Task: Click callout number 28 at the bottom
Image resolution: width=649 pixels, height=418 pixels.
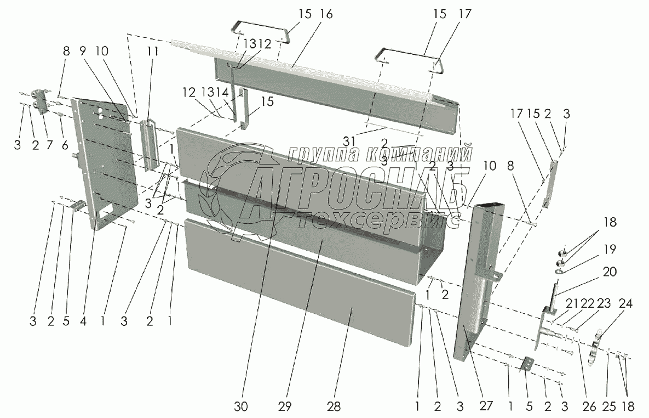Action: point(333,406)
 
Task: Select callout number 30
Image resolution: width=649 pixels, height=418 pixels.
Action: point(241,406)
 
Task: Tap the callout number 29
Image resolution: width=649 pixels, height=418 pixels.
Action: point(285,406)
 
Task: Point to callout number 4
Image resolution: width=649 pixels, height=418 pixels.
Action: point(83,322)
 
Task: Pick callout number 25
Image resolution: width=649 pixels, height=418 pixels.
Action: point(608,406)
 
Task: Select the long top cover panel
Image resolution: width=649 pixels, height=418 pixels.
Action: point(329,82)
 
